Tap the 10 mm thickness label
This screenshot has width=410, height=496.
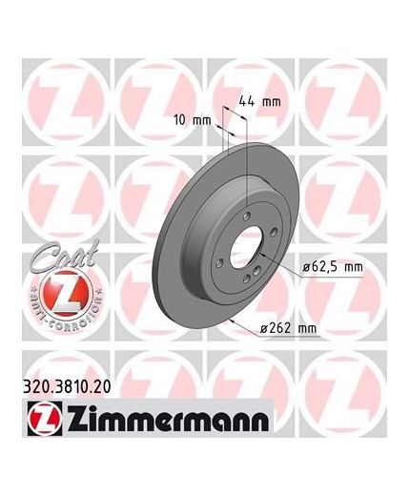click(x=195, y=122)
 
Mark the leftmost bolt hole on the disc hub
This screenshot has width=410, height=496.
click(x=221, y=258)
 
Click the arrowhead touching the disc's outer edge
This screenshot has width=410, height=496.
click(x=235, y=322)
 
